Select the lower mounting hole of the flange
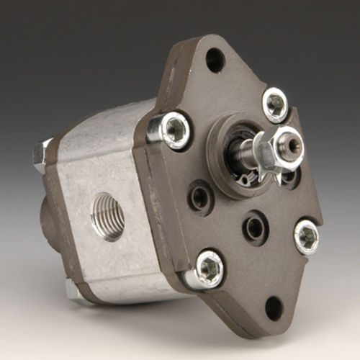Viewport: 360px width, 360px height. (274, 307)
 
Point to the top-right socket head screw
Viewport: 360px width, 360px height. (275, 104)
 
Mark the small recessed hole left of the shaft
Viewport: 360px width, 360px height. (198, 195)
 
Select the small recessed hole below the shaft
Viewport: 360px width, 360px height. (253, 228)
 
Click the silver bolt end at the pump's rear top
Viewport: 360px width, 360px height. (41, 154)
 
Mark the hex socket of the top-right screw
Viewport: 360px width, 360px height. (275, 104)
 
